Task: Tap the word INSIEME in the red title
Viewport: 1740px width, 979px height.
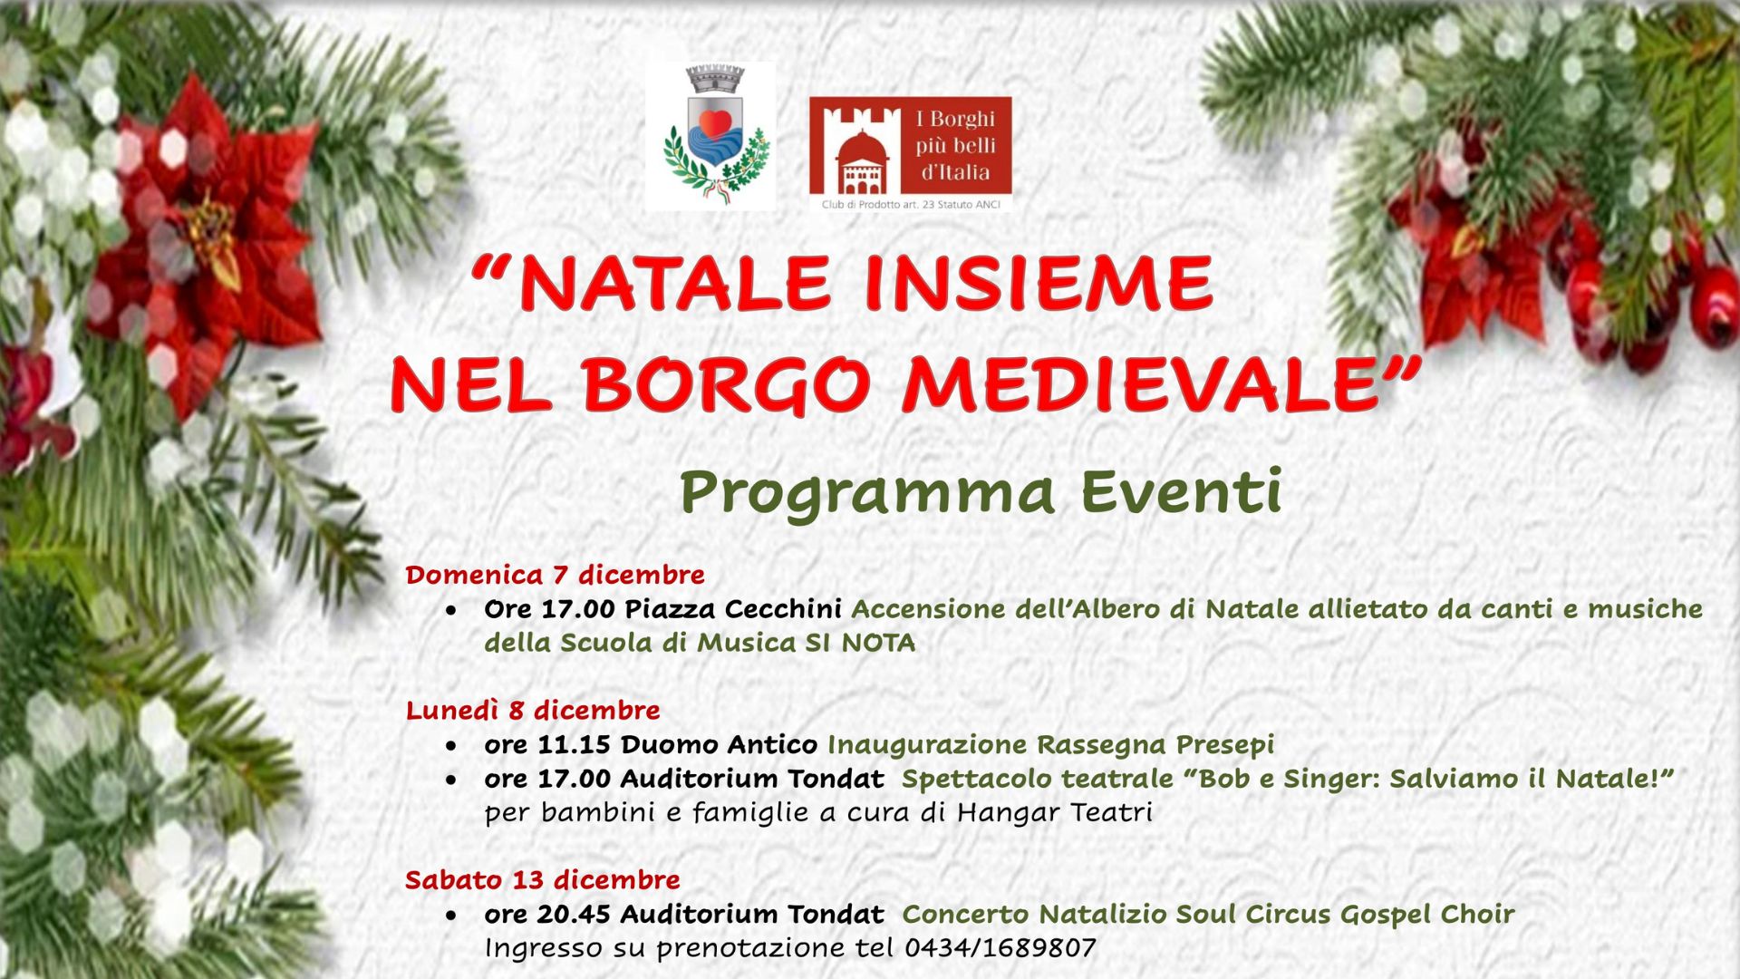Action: [x=1039, y=283]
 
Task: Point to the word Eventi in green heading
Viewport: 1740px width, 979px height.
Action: [x=1182, y=492]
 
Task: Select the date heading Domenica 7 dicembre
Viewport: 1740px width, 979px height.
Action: [x=555, y=575]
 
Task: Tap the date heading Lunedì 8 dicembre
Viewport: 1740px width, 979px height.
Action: [x=533, y=710]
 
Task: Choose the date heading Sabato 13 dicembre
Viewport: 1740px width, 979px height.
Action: [x=542, y=879]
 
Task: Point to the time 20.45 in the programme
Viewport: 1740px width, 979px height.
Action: [x=574, y=914]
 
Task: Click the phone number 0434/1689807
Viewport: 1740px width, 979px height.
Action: [x=1000, y=948]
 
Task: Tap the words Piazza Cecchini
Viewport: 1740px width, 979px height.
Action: [x=732, y=608]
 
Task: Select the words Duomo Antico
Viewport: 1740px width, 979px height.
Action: [x=719, y=744]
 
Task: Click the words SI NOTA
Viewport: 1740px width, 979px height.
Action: [x=860, y=643]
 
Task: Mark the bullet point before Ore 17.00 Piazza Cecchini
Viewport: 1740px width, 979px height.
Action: [x=451, y=612]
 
